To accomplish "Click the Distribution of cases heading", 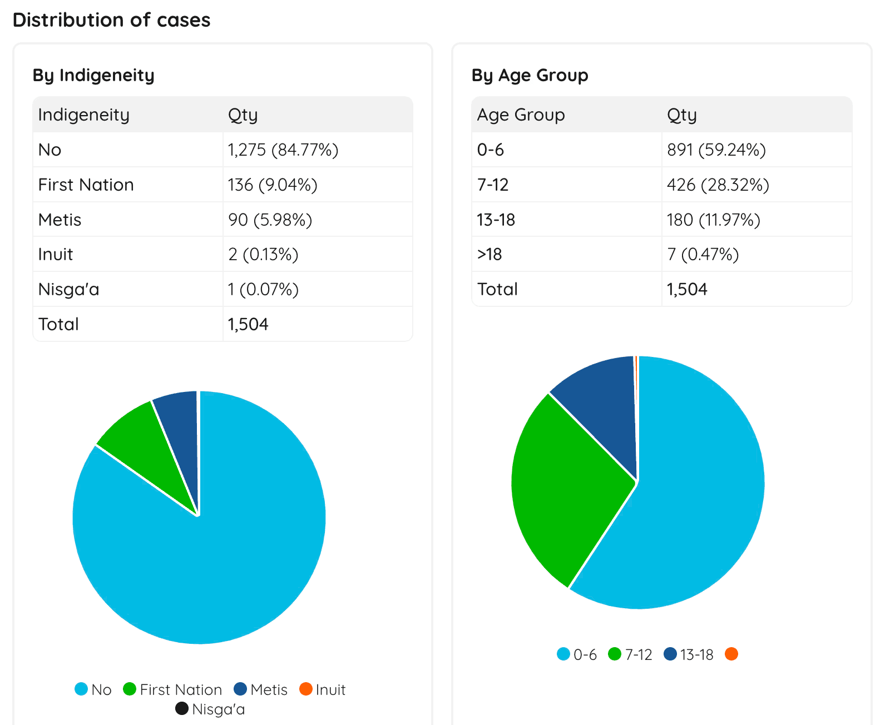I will pyautogui.click(x=111, y=20).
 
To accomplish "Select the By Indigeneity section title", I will pyautogui.click(x=93, y=75).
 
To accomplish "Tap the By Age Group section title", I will pyautogui.click(x=530, y=75).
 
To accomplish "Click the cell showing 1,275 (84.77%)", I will pyautogui.click(x=283, y=150).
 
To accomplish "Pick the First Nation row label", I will pyautogui.click(x=86, y=185).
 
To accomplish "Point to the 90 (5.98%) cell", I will pyautogui.click(x=270, y=220).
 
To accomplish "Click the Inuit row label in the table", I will pyautogui.click(x=56, y=254).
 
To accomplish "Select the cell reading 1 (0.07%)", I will pyautogui.click(x=263, y=289).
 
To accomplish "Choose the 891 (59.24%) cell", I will pyautogui.click(x=716, y=150).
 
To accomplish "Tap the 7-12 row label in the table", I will pyautogui.click(x=493, y=185).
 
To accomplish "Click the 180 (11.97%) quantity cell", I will pyautogui.click(x=713, y=220).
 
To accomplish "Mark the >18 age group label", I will pyautogui.click(x=490, y=254).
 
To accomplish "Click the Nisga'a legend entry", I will pyautogui.click(x=211, y=709).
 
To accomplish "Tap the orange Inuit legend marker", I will pyautogui.click(x=305, y=689).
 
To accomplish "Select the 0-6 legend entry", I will pyautogui.click(x=577, y=654).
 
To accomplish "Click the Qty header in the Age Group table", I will pyautogui.click(x=681, y=115).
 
